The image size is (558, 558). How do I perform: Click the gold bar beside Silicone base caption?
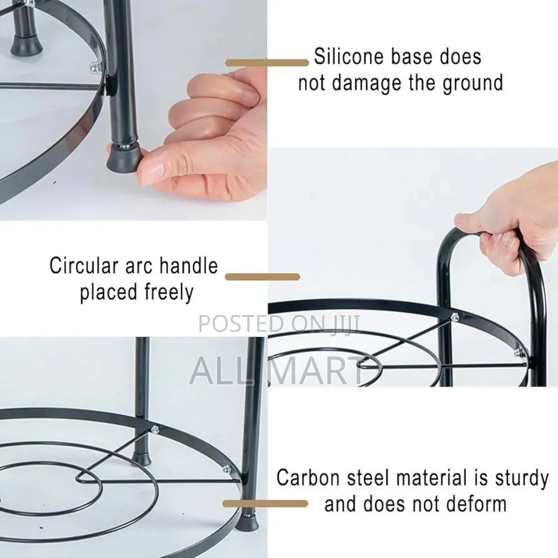267,63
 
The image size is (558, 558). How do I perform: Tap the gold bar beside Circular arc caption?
263,277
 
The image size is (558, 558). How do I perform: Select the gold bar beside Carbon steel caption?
265,504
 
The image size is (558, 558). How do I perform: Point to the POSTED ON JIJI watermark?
279,323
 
